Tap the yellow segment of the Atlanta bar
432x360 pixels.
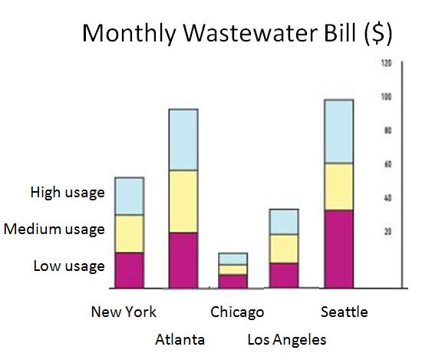click(x=183, y=201)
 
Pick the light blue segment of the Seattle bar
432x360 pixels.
click(x=338, y=131)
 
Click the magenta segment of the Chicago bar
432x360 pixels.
click(x=232, y=281)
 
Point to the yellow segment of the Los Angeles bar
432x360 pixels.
click(x=284, y=248)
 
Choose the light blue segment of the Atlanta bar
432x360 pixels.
click(x=183, y=140)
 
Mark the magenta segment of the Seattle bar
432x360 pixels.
click(x=338, y=249)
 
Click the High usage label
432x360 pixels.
click(x=68, y=193)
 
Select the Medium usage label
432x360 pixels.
click(x=54, y=229)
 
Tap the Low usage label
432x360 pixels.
click(x=69, y=266)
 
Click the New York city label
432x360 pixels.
click(x=124, y=312)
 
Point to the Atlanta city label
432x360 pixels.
click(x=180, y=339)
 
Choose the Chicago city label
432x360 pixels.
click(x=237, y=312)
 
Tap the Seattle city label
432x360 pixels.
click(x=345, y=312)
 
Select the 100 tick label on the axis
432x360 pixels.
click(x=386, y=97)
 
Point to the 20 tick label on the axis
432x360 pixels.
click(x=387, y=231)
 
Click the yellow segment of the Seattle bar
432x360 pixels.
click(x=338, y=187)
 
